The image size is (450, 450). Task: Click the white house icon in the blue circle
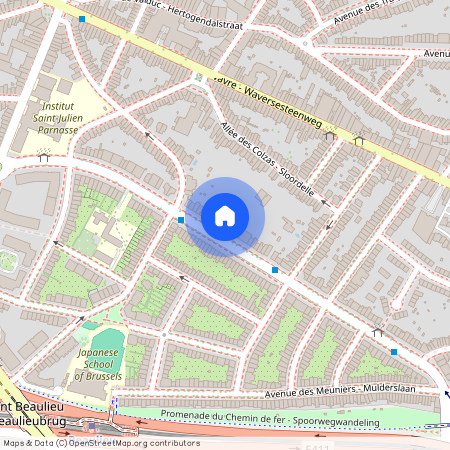[x=225, y=215]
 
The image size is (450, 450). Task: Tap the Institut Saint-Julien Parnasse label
[x=57, y=117]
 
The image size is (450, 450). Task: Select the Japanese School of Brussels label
[x=98, y=364]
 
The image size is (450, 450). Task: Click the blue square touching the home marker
[x=181, y=219]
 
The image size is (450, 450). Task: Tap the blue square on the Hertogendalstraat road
[x=82, y=18]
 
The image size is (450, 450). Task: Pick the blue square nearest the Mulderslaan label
[x=395, y=352]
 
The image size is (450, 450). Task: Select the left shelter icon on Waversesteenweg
[x=329, y=135]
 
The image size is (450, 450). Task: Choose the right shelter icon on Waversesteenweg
[x=358, y=140]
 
